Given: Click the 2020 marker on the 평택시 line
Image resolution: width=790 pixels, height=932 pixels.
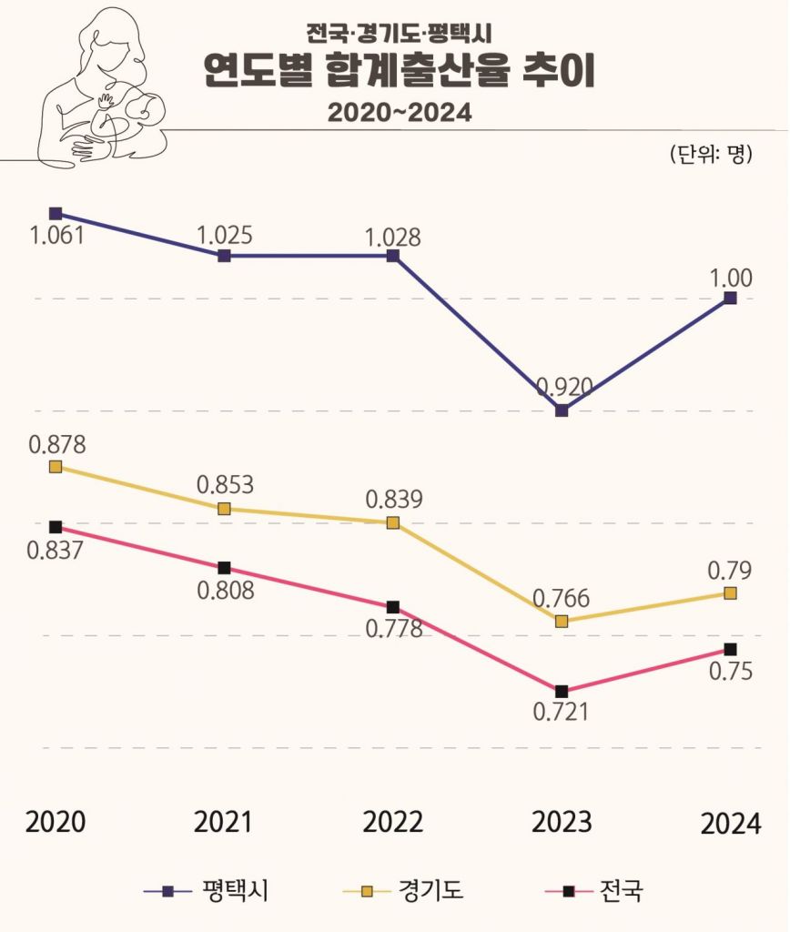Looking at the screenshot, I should (x=56, y=214).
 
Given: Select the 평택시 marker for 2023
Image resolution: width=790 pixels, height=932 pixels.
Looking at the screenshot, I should (x=562, y=410).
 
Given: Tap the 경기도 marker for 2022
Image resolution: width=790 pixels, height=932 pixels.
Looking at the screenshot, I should (x=392, y=522).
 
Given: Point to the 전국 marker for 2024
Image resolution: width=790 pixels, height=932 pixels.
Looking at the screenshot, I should (x=730, y=649).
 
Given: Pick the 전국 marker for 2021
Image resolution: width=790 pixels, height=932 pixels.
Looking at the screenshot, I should (x=224, y=568).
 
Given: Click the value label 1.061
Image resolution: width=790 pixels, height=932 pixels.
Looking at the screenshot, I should (x=56, y=236).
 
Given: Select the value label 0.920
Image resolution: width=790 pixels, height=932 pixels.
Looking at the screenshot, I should (x=564, y=388).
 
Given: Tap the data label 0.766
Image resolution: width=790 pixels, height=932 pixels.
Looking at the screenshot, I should (x=562, y=599).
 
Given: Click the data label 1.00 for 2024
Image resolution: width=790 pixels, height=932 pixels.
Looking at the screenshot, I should (x=731, y=279).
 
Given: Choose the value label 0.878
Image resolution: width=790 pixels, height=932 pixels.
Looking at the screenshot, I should (x=56, y=445).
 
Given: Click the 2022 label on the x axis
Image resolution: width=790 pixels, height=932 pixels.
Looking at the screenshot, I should (x=392, y=822).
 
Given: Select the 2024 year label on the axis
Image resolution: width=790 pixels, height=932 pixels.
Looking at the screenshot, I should (x=730, y=824).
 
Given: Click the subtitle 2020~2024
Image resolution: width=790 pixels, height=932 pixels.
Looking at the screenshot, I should (x=400, y=113).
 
